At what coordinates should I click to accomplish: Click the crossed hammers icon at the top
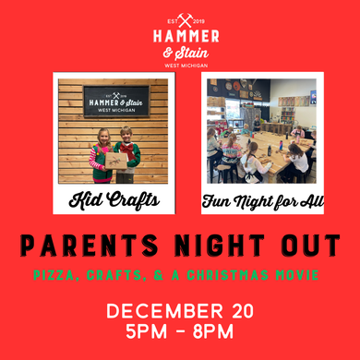coord(185,18)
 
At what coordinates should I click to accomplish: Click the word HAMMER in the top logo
coord(185,36)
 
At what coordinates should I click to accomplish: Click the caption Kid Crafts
coord(111,199)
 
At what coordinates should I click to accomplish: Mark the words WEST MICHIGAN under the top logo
coord(185,65)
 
